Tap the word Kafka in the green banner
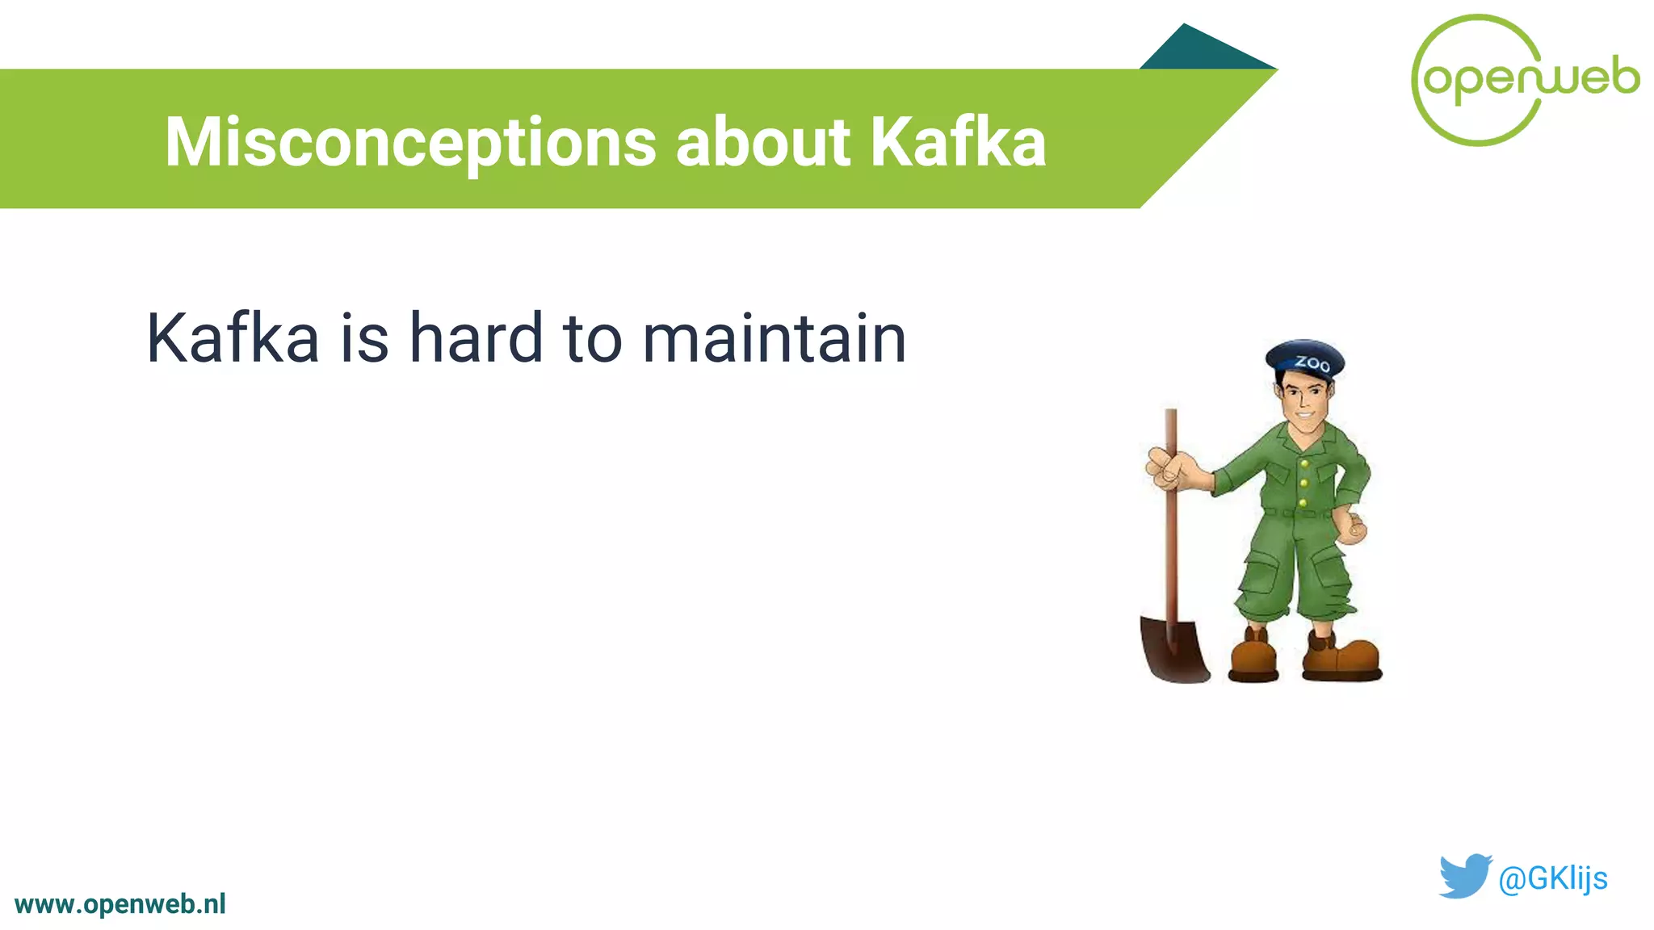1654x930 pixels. [958, 142]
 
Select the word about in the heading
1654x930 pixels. [762, 142]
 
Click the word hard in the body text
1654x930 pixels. [476, 338]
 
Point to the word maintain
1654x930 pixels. [774, 338]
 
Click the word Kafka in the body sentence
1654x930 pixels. [233, 338]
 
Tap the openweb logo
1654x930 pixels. [1525, 79]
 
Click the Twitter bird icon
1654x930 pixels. [1464, 876]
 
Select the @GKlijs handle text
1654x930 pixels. [1552, 878]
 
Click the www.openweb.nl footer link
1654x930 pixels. [120, 904]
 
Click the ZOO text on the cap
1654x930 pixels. [1312, 363]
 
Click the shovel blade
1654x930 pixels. [1173, 650]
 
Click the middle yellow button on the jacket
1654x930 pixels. [1303, 483]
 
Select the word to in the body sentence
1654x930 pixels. [592, 338]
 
